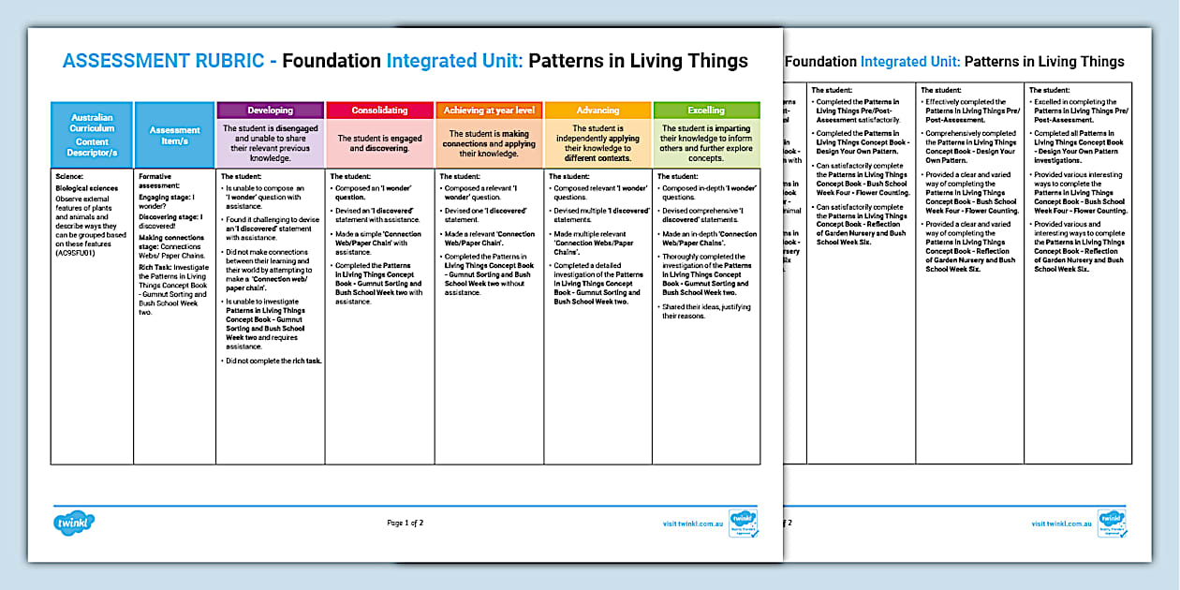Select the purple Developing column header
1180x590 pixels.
(x=270, y=111)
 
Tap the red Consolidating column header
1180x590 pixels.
(x=379, y=111)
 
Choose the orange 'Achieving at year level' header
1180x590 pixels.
(x=489, y=111)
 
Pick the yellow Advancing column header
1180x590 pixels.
(x=597, y=111)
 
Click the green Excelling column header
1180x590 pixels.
(x=706, y=111)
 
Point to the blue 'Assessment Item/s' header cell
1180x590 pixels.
(x=174, y=136)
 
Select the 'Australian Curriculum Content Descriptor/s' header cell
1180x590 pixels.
(x=92, y=136)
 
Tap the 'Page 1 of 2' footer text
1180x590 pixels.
(x=405, y=523)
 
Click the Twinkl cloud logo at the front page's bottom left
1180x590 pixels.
(x=74, y=521)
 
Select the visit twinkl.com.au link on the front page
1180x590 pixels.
(x=694, y=524)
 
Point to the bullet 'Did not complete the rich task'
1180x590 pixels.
(x=273, y=361)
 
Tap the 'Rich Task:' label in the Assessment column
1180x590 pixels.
(x=156, y=267)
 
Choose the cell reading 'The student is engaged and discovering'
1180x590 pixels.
(x=379, y=142)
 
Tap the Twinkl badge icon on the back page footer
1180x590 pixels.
(x=1112, y=523)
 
